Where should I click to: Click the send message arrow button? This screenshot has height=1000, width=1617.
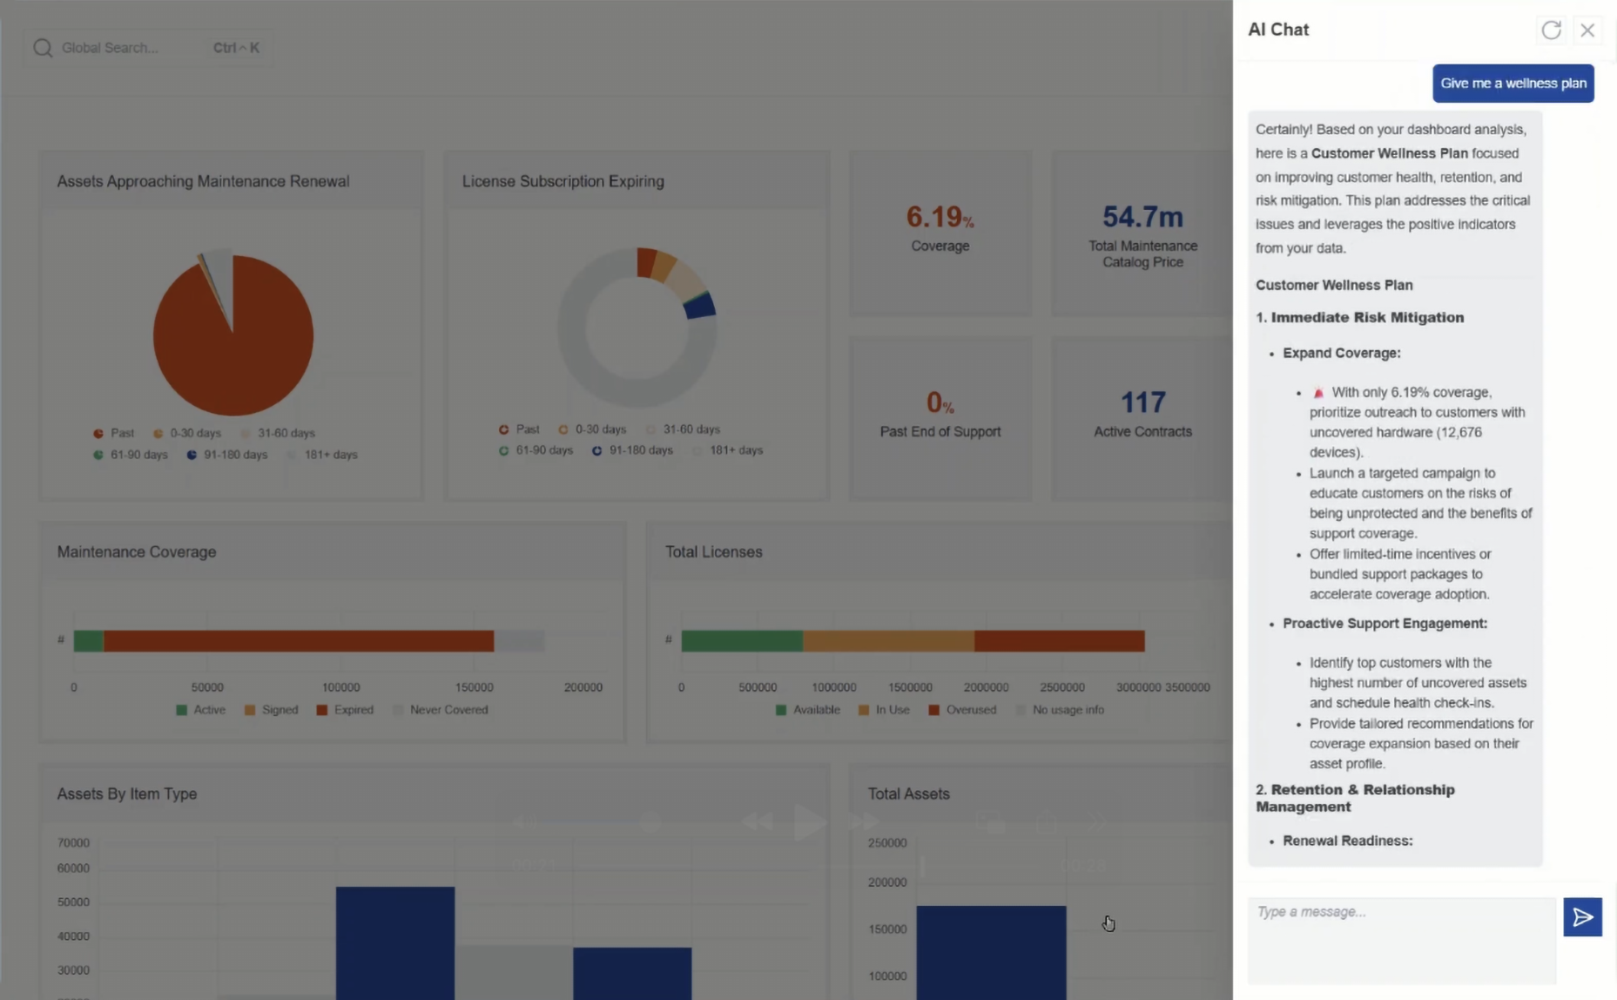pyautogui.click(x=1582, y=917)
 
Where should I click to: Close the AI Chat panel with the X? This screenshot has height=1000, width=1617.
pyautogui.click(x=1587, y=30)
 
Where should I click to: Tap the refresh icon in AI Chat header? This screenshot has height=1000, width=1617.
pyautogui.click(x=1551, y=30)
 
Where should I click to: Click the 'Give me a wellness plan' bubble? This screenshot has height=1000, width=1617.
pyautogui.click(x=1513, y=84)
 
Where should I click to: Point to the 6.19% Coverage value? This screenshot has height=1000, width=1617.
pyautogui.click(x=940, y=217)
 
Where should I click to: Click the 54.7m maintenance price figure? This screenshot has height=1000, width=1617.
pyautogui.click(x=1142, y=217)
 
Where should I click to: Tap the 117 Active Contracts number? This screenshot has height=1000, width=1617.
pyautogui.click(x=1142, y=402)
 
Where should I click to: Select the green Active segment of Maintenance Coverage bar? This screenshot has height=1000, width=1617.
pyautogui.click(x=88, y=641)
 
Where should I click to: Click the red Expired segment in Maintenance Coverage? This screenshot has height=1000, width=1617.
pyautogui.click(x=298, y=641)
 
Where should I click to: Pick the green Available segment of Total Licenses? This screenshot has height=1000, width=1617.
pyautogui.click(x=741, y=641)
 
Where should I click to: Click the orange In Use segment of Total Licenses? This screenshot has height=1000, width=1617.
pyautogui.click(x=887, y=641)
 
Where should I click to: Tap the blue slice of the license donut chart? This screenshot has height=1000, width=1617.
pyautogui.click(x=700, y=306)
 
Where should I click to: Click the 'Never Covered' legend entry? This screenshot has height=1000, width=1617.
pyautogui.click(x=448, y=710)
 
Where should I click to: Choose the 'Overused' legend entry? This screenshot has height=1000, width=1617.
pyautogui.click(x=970, y=710)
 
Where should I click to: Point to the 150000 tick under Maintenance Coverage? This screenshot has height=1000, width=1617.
pyautogui.click(x=474, y=687)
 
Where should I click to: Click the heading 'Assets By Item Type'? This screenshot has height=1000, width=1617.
pyautogui.click(x=127, y=794)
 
